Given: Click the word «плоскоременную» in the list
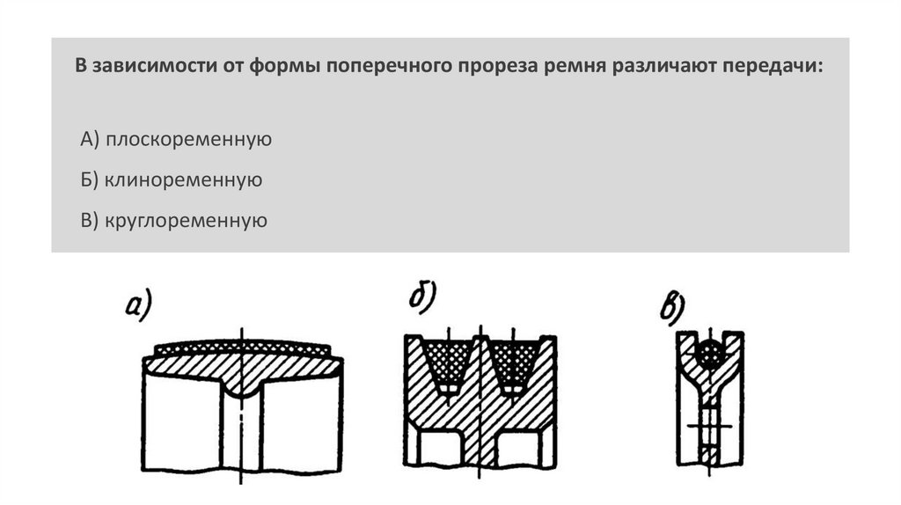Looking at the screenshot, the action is (189, 139).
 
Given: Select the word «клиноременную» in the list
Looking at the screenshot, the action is (184, 180).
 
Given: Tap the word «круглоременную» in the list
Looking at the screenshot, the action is (187, 220).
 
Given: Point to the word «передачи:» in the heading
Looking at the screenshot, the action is (773, 68).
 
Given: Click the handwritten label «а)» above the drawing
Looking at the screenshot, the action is (140, 307).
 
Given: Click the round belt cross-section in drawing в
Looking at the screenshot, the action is (708, 352).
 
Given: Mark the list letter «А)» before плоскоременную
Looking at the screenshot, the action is (91, 139).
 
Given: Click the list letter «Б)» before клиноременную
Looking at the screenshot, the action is (90, 180).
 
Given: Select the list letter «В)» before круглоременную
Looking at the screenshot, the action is (90, 220).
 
